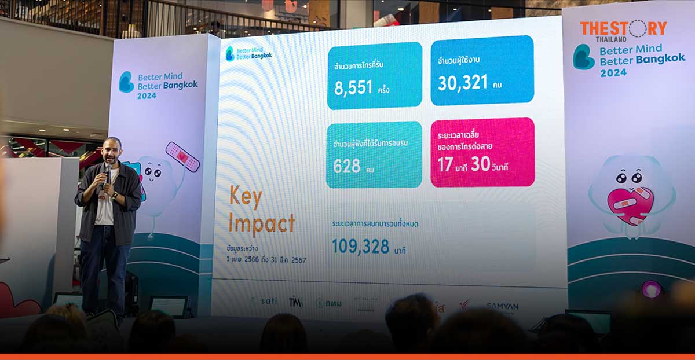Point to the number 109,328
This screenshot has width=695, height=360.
coord(360,246)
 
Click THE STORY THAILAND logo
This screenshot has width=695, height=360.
coord(623,30)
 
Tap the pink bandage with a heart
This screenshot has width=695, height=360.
coord(182,157)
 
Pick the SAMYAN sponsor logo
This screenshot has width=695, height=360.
coord(502,306)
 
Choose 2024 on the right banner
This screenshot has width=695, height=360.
coord(613,72)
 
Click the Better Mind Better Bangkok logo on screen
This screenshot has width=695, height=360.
coord(248,54)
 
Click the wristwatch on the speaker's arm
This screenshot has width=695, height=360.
coord(115,195)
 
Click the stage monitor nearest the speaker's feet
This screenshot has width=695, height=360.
coord(169,305)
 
